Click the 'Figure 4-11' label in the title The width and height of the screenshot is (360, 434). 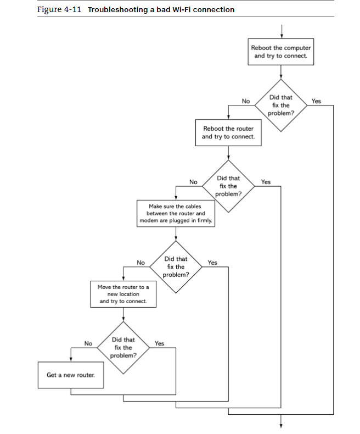pyautogui.click(x=59, y=9)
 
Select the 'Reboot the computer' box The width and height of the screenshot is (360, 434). pyautogui.click(x=281, y=52)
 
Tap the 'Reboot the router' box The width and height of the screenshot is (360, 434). pyautogui.click(x=228, y=132)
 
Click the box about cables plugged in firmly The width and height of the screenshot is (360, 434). pyautogui.click(x=176, y=213)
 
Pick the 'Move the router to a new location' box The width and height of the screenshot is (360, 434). pyautogui.click(x=123, y=294)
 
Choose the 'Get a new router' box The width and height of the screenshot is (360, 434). pyautogui.click(x=70, y=375)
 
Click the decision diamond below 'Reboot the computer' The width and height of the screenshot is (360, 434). pyautogui.click(x=281, y=105)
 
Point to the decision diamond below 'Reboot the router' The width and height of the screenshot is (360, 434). pyautogui.click(x=228, y=186)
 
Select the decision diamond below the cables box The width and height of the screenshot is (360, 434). pyautogui.click(x=176, y=266)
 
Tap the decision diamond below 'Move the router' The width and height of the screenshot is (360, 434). pyautogui.click(x=123, y=347)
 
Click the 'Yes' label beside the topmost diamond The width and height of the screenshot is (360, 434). pyautogui.click(x=316, y=101)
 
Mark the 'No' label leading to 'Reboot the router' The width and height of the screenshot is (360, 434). pyautogui.click(x=246, y=101)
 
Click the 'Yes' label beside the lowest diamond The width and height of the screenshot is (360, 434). pyautogui.click(x=159, y=343)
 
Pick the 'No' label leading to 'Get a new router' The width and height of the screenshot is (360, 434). pyautogui.click(x=88, y=343)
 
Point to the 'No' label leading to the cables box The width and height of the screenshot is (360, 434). pyautogui.click(x=193, y=182)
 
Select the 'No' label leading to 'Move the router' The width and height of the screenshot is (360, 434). pyautogui.click(x=140, y=263)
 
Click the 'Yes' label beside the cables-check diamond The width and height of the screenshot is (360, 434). pyautogui.click(x=212, y=263)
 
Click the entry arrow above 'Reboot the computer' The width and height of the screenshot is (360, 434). pyautogui.click(x=281, y=30)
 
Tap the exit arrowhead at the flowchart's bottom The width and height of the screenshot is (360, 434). pyautogui.click(x=281, y=422)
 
